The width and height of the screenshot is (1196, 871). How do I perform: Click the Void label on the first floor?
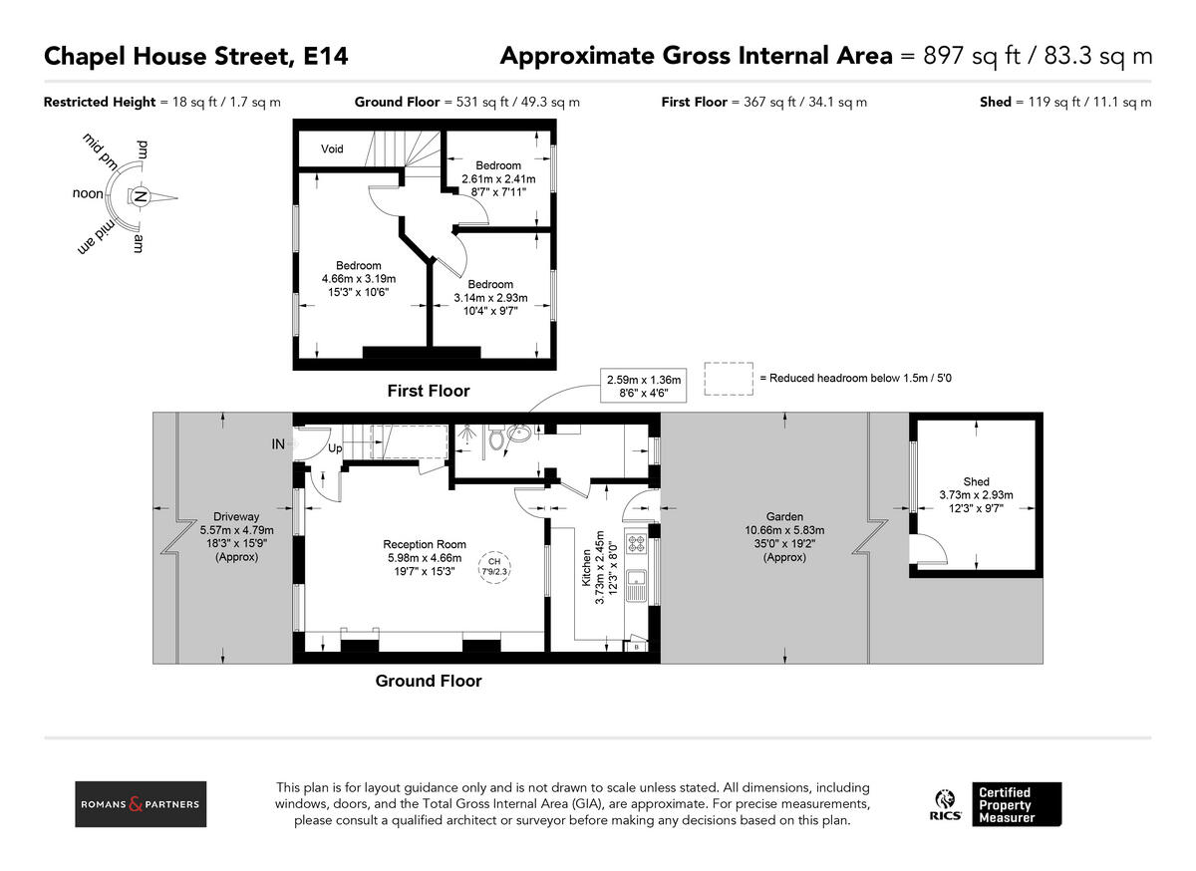point(332,149)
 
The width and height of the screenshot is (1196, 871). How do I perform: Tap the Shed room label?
point(976,482)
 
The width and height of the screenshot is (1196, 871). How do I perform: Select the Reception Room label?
point(425,545)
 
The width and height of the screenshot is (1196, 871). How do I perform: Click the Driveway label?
point(236,517)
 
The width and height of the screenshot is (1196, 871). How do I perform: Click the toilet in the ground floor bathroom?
point(495,437)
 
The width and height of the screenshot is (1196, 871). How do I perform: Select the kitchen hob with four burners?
point(636,545)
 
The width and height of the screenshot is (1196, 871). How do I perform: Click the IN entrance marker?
point(278,443)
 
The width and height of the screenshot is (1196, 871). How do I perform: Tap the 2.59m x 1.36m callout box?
point(644,386)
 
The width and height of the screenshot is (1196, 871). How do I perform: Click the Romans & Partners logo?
point(141,804)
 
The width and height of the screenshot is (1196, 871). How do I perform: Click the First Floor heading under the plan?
point(428,392)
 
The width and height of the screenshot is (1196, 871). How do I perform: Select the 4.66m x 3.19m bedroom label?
point(358,279)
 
